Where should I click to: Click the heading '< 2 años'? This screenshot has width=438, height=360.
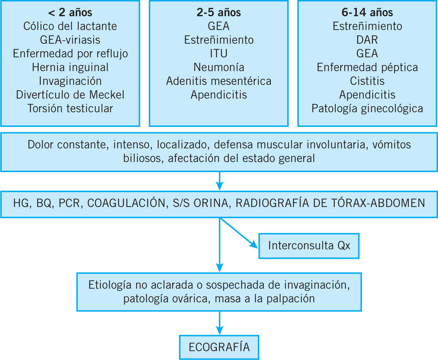pos(70,13)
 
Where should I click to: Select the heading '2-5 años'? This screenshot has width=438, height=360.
pos(219,13)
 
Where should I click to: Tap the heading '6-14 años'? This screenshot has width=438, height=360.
pos(367,13)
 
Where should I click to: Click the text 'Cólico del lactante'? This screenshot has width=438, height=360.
pos(70,26)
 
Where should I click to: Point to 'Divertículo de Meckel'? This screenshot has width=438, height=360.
pos(70,95)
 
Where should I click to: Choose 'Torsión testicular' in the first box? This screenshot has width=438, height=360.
pos(70,108)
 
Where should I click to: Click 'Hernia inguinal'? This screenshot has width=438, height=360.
pos(70,67)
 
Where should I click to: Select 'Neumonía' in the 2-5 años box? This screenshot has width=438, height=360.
pos(219,67)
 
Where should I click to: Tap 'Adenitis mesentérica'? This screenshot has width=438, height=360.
pos(219,81)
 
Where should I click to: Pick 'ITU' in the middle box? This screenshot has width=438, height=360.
pos(219,54)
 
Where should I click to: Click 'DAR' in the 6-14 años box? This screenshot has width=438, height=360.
pos(367,40)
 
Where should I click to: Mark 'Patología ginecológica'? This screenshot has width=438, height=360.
pos(367,108)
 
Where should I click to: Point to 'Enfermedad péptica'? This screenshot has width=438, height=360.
pos(367,67)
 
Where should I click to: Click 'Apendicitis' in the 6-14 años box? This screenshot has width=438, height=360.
pos(367,95)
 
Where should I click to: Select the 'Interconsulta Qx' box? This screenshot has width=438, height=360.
pos(309,246)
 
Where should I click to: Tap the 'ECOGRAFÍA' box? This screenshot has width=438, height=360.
pos(219,347)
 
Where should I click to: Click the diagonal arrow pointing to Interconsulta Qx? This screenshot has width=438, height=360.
pos(239,233)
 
